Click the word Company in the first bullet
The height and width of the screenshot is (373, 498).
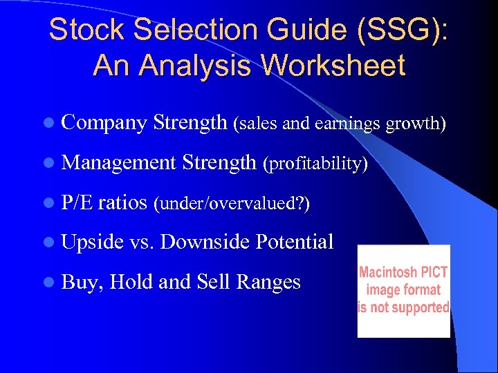click(x=104, y=124)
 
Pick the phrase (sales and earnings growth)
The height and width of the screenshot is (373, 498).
click(x=340, y=124)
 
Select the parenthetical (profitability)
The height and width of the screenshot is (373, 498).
click(x=315, y=164)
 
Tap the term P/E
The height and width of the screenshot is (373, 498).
click(x=77, y=202)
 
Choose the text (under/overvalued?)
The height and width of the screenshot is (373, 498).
click(x=232, y=204)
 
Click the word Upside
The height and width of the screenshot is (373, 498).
click(x=93, y=242)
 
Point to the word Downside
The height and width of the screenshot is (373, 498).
click(x=207, y=242)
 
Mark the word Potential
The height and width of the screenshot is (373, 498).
click(x=295, y=242)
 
